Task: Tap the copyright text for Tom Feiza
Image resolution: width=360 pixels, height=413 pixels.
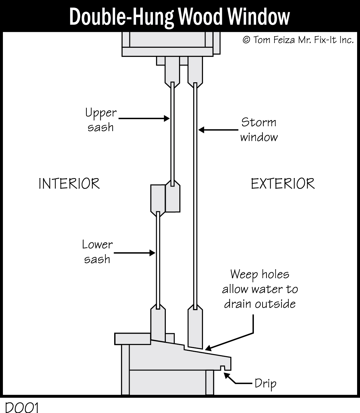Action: pyautogui.click(x=298, y=40)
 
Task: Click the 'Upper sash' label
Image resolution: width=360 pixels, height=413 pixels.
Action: pyautogui.click(x=101, y=120)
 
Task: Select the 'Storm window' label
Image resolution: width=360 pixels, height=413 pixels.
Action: pyautogui.click(x=259, y=130)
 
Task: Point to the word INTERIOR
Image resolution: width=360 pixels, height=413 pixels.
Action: pyautogui.click(x=69, y=184)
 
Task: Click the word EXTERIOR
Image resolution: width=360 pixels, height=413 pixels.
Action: pyautogui.click(x=283, y=184)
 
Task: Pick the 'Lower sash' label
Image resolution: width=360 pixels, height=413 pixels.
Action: pyautogui.click(x=97, y=252)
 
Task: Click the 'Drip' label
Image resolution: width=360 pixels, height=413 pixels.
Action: pyautogui.click(x=265, y=384)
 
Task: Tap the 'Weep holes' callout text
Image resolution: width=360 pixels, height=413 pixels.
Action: pyautogui.click(x=260, y=289)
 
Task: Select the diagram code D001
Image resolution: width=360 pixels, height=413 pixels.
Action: pyautogui.click(x=22, y=407)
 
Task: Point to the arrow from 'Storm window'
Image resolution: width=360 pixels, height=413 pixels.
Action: pyautogui.click(x=218, y=130)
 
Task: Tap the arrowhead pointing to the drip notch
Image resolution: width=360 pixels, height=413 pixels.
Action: pyautogui.click(x=227, y=376)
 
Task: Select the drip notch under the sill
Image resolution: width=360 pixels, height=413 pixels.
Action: pyautogui.click(x=222, y=368)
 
